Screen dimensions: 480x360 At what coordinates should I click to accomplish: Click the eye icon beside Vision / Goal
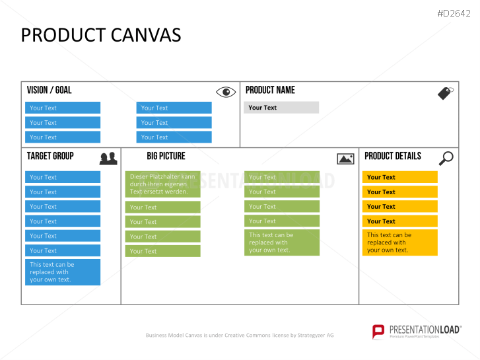coord(226,92)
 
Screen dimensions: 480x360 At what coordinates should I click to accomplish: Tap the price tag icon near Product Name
coord(446,93)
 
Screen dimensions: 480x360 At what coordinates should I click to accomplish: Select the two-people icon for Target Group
coord(108,159)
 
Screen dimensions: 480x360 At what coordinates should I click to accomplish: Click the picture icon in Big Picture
coord(345,159)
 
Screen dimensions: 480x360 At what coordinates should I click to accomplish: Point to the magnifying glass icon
coord(446,159)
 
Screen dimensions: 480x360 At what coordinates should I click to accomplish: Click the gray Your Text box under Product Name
coord(281,108)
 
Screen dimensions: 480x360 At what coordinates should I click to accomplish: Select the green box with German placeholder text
coord(163,184)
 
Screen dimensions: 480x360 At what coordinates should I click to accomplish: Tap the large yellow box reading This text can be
coord(400,242)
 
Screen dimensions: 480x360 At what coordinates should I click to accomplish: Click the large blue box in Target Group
coord(63,272)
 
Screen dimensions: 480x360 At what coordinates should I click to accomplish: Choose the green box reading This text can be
coord(282,242)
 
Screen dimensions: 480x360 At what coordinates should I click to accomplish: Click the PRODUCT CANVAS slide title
coord(101,35)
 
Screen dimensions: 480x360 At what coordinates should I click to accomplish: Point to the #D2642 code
coord(454,13)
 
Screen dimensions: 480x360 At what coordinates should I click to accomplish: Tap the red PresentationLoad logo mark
coord(378,332)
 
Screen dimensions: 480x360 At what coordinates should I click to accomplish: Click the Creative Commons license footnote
coord(240,335)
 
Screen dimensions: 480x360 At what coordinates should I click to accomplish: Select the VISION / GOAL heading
coord(50,90)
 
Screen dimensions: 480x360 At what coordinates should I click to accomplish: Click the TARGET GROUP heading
coord(50,156)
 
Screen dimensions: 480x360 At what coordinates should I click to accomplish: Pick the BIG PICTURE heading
coord(166,156)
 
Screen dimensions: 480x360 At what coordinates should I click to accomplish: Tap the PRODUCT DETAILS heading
coord(393,156)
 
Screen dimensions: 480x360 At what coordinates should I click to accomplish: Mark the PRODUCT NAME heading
coord(270,90)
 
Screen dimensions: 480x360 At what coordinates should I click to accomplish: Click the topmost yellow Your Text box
coord(400,177)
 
